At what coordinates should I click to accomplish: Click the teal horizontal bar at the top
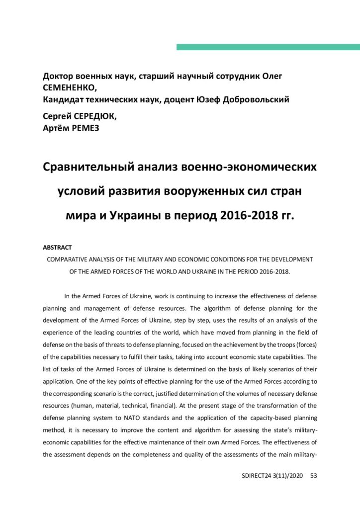click(x=268, y=47)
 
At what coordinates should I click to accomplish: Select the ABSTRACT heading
click(x=57, y=247)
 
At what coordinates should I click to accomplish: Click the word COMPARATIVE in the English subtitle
click(x=69, y=259)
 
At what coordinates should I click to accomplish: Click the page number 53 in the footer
click(x=313, y=476)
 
